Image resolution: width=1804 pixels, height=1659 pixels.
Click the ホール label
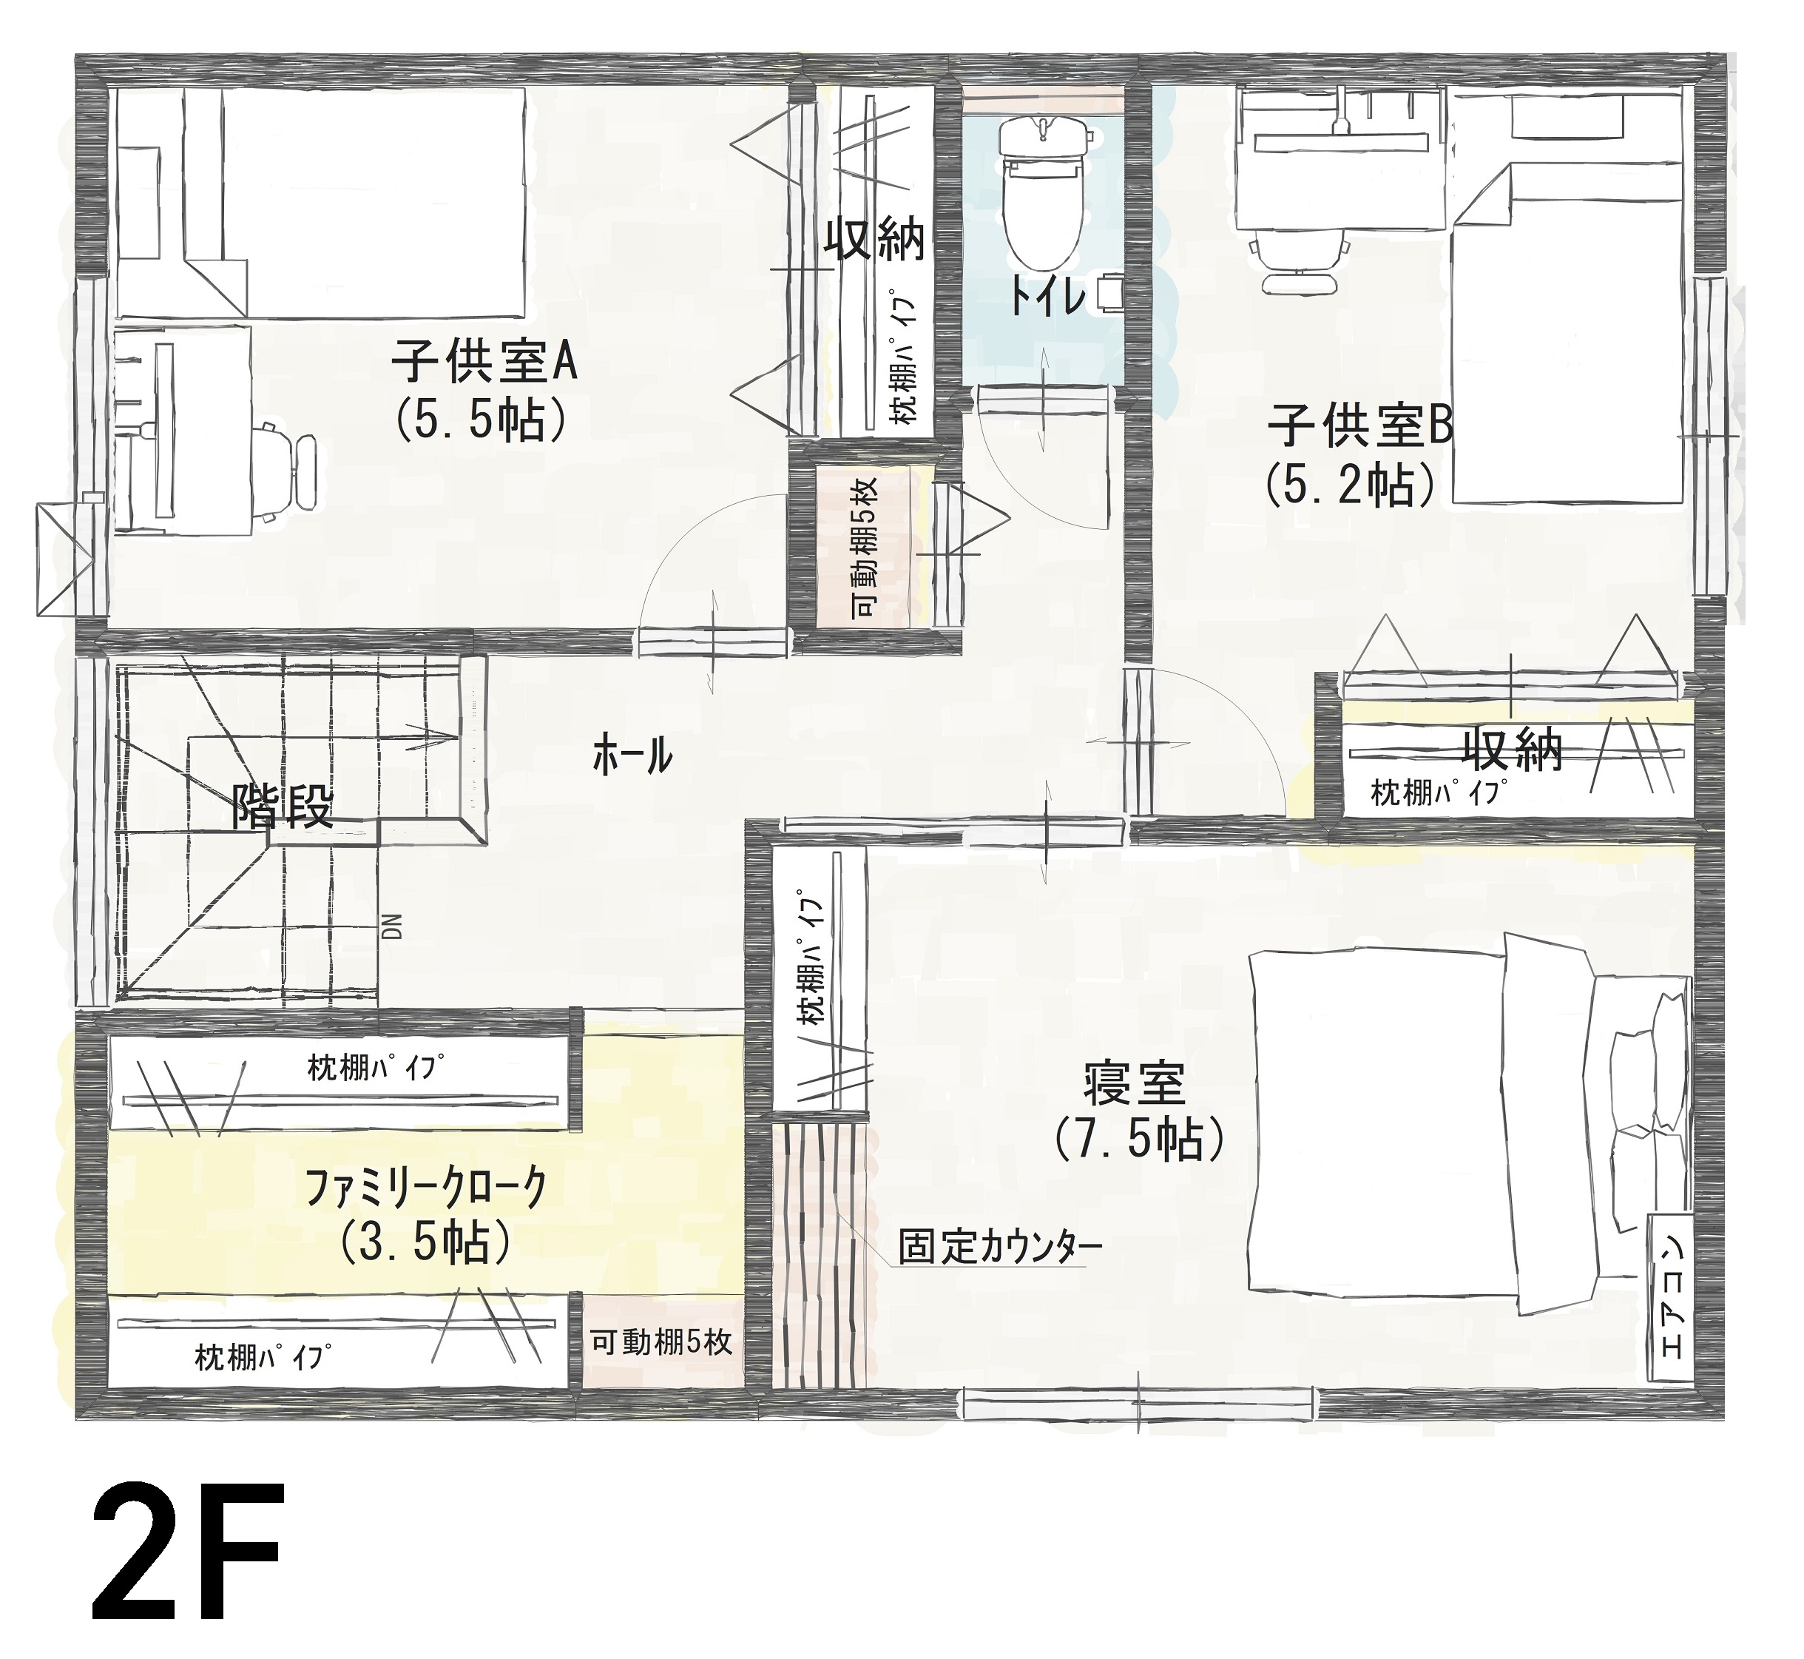(x=632, y=756)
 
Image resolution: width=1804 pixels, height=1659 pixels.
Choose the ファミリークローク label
(x=425, y=1191)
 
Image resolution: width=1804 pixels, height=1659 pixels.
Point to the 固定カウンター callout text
(x=1000, y=1247)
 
